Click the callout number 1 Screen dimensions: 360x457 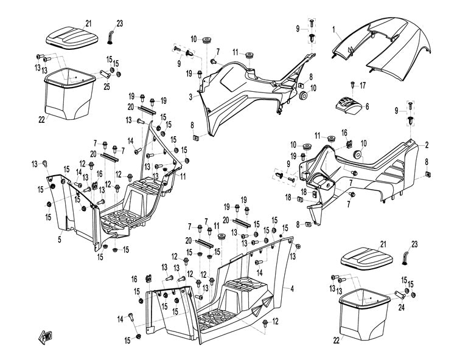pos(334,28)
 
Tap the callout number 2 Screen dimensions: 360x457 pos(427,145)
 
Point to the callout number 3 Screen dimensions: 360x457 pos(190,97)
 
